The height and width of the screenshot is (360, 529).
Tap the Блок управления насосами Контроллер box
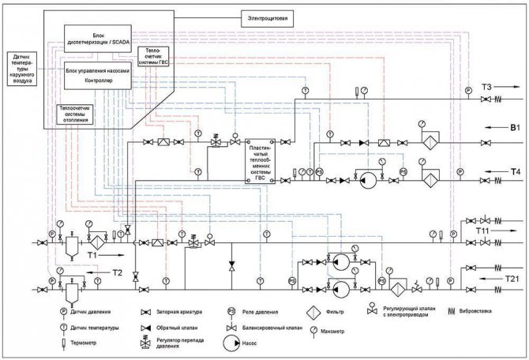(94, 75)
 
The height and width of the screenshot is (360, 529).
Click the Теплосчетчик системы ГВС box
(153, 56)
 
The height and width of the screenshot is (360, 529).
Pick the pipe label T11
(484, 230)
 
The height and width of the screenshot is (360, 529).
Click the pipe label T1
(92, 256)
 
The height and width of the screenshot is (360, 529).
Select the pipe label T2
(116, 272)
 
